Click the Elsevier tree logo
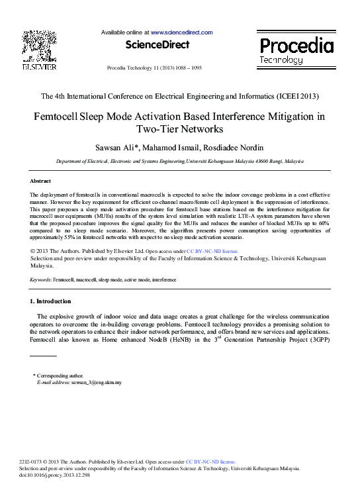click(x=39, y=45)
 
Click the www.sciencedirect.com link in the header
click(x=181, y=32)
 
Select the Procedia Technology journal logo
click(x=296, y=49)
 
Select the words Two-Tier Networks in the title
click(x=180, y=129)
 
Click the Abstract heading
click(x=41, y=181)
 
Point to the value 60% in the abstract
click(x=324, y=224)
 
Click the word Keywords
click(x=40, y=280)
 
